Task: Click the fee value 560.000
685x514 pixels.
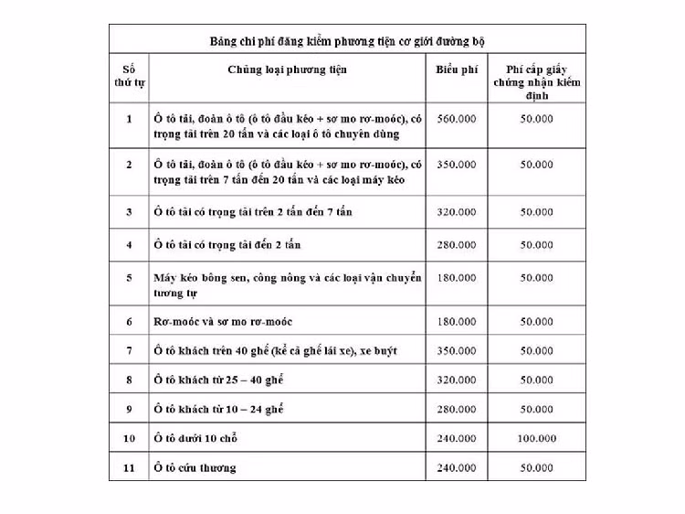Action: click(x=456, y=119)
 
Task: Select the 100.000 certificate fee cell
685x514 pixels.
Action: click(x=536, y=439)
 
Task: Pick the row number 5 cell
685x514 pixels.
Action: click(x=129, y=277)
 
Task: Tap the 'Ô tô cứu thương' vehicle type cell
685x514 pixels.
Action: click(x=195, y=467)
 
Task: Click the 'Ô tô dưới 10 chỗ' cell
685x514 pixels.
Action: click(x=196, y=439)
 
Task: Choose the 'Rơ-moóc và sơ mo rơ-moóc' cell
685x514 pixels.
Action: click(x=223, y=322)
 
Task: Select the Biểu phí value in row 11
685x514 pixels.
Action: click(x=456, y=467)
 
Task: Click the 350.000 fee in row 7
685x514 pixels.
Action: click(x=456, y=350)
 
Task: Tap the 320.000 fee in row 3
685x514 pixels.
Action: click(x=456, y=212)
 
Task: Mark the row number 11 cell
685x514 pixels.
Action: click(x=129, y=467)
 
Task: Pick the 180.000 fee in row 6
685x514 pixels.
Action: click(x=456, y=322)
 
